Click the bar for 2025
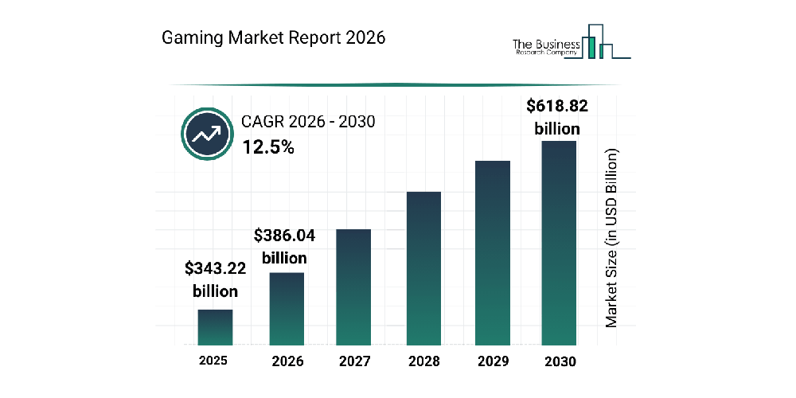pos(215,327)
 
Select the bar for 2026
pos(287,309)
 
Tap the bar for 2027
pos(354,287)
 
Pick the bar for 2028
pos(423,268)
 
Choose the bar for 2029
pos(492,253)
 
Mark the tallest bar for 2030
pos(558,244)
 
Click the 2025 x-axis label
pos(213,361)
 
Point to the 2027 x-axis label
pos(354,361)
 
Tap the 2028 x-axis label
pos(423,361)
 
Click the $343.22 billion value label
pos(215,279)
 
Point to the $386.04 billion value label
pos(280,247)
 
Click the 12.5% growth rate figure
pos(268,146)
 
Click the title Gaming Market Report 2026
pos(274,37)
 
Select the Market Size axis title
pos(611,237)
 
